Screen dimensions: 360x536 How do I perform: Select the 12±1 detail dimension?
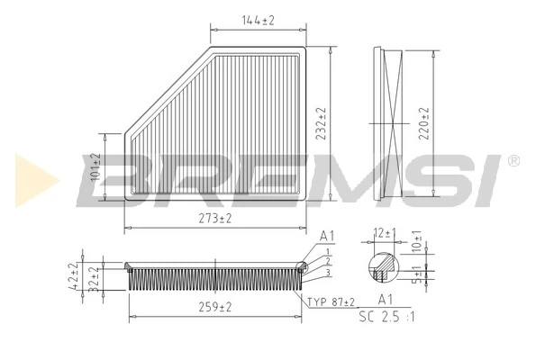pyautogui.click(x=386, y=234)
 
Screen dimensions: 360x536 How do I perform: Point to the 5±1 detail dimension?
pyautogui.click(x=416, y=274)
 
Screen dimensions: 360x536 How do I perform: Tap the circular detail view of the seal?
pyautogui.click(x=386, y=266)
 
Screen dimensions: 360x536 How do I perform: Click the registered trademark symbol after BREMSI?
pyautogui.click(x=513, y=160)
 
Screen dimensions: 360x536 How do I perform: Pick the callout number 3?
pyautogui.click(x=330, y=272)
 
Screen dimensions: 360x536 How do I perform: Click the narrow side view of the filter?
pyautogui.click(x=392, y=123)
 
